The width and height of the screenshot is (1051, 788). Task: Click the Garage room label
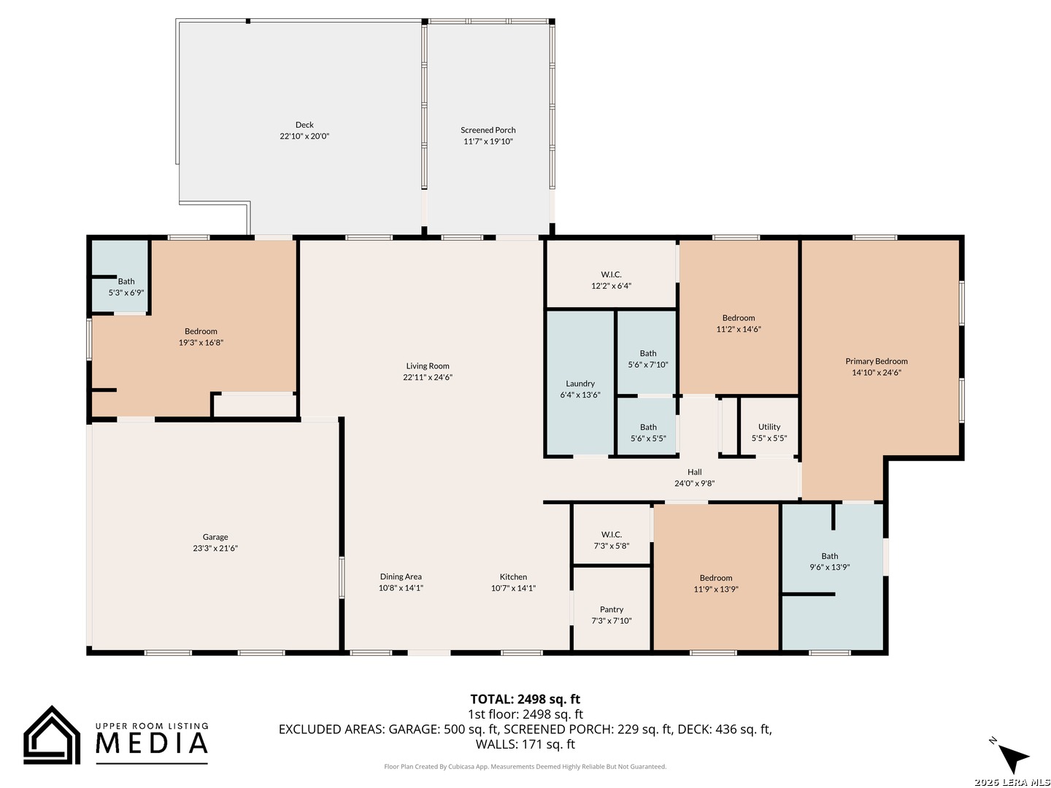[x=215, y=537]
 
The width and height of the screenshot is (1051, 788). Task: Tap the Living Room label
[x=427, y=366]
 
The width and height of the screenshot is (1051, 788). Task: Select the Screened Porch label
[x=488, y=130]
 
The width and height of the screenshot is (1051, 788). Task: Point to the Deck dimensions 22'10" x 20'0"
[x=304, y=136]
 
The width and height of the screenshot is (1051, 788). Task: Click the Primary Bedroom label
[x=877, y=361]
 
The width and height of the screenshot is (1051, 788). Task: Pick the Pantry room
[x=612, y=608]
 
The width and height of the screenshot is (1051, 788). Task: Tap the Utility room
[x=769, y=426]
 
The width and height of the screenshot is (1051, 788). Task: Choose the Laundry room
[x=580, y=383]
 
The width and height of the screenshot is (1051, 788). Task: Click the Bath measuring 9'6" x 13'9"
[x=832, y=576]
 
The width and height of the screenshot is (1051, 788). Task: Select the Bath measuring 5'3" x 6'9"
[x=120, y=277]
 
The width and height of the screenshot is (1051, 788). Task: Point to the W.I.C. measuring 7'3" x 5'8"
[x=612, y=534]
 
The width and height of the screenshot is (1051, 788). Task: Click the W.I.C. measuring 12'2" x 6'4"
[x=611, y=274]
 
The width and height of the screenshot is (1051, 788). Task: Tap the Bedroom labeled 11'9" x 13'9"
[x=716, y=577]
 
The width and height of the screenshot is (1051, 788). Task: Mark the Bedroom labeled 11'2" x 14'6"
[x=739, y=317]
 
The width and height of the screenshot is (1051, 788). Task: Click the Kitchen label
[x=513, y=576]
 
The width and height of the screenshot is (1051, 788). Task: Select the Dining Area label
[x=401, y=576]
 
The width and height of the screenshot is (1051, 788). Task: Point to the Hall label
[x=694, y=472]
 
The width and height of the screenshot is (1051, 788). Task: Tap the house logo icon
[x=52, y=735]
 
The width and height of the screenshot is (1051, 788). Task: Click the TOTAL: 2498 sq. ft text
[x=525, y=699]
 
